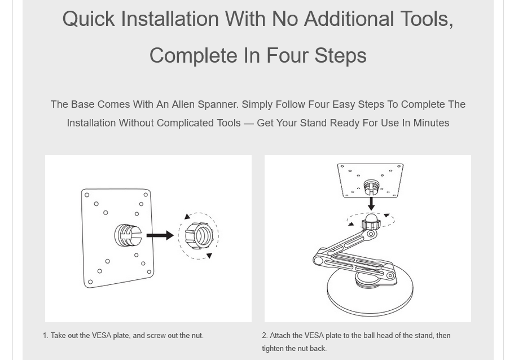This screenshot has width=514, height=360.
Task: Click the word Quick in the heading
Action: (x=89, y=19)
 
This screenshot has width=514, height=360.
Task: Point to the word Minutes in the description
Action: (x=431, y=123)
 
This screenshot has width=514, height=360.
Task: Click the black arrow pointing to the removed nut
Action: (x=160, y=235)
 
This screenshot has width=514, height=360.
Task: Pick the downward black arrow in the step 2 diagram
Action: (x=371, y=204)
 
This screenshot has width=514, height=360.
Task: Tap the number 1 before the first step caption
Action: (x=46, y=335)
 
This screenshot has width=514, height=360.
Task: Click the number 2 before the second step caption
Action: (x=265, y=335)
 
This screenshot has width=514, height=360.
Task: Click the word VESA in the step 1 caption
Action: (x=102, y=335)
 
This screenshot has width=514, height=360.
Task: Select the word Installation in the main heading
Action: (x=170, y=19)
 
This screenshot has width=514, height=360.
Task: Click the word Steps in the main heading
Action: (x=341, y=56)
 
